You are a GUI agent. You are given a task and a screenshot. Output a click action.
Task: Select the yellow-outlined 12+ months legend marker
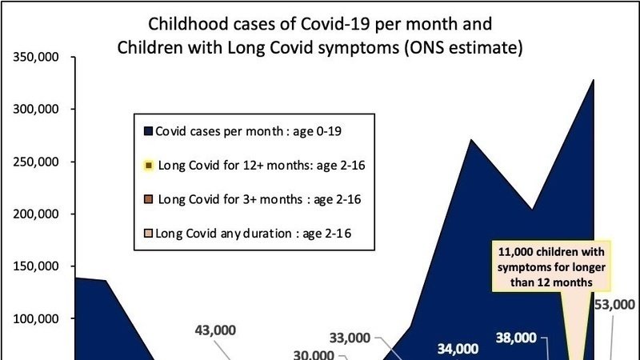tap(148, 166)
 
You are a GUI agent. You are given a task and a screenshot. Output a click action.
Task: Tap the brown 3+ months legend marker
tap(148, 199)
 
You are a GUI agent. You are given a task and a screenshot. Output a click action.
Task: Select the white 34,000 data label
tap(458, 348)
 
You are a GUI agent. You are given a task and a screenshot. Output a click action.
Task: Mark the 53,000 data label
tap(615, 304)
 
